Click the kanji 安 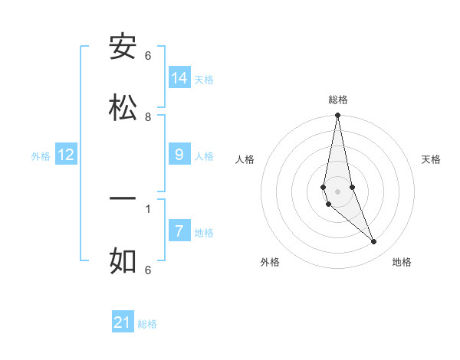click(123, 47)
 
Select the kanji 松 click(123, 108)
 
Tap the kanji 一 click(123, 199)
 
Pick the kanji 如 click(123, 260)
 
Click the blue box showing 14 click(179, 77)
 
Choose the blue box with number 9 click(179, 155)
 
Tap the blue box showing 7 click(179, 231)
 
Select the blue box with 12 click(66, 155)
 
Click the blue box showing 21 click(123, 322)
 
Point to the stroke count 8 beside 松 click(148, 117)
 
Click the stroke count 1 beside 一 click(148, 208)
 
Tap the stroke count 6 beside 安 click(148, 56)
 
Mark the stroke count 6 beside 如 click(148, 270)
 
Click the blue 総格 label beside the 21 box click(147, 324)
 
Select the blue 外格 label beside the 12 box click(41, 156)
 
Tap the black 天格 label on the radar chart click(432, 159)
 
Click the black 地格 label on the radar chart click(402, 262)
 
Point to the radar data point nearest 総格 click(337, 116)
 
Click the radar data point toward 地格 click(374, 242)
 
